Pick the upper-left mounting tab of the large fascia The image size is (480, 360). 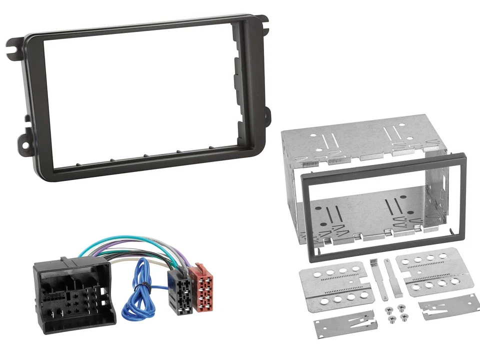point(15,45)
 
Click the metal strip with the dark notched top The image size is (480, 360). point(374,278)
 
